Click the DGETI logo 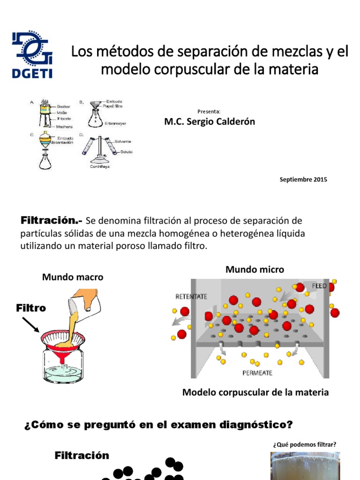pos(32,54)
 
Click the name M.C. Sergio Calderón pos(210,122)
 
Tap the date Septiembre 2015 pos(303,180)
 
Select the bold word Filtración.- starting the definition pos(52,220)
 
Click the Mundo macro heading pos(73,277)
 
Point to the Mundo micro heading pos(255,270)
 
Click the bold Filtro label pos(31,308)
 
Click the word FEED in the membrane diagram pos(319,286)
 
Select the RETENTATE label pos(191,296)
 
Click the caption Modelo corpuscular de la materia pos(255,393)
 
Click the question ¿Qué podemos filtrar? pos(304,444)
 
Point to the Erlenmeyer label pos(115,124)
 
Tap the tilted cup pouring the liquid pos(80,300)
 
